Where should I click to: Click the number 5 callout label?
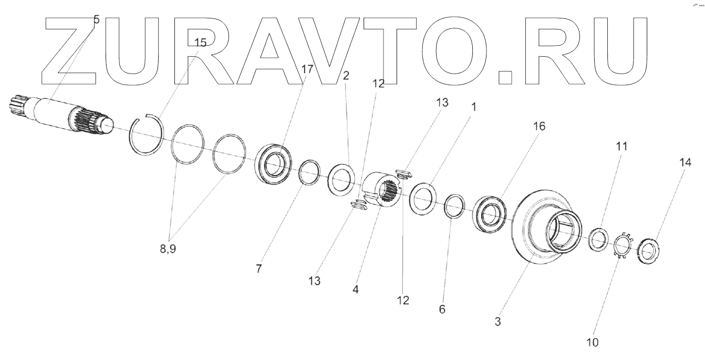(x=96, y=20)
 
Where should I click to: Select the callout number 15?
(x=201, y=43)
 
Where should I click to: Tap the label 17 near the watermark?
(x=307, y=69)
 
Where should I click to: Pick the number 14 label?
(x=685, y=163)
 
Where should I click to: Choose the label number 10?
(x=593, y=343)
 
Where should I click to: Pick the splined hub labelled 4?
(x=382, y=191)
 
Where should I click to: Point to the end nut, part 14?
(x=648, y=250)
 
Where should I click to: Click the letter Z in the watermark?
(x=71, y=50)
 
